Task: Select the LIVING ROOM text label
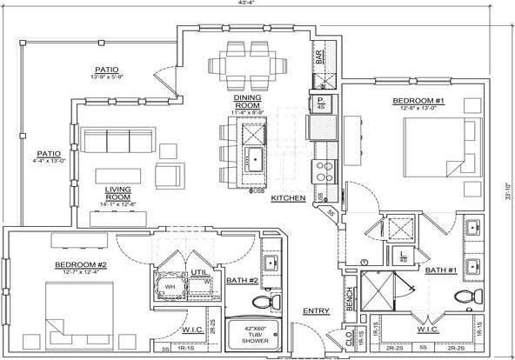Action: [117, 193]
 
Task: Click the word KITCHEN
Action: [288, 198]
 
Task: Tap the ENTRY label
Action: [316, 310]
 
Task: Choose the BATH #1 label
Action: [441, 270]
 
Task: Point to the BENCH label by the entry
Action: [350, 298]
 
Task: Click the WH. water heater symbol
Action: [171, 286]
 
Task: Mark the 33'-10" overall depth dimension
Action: [508, 185]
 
